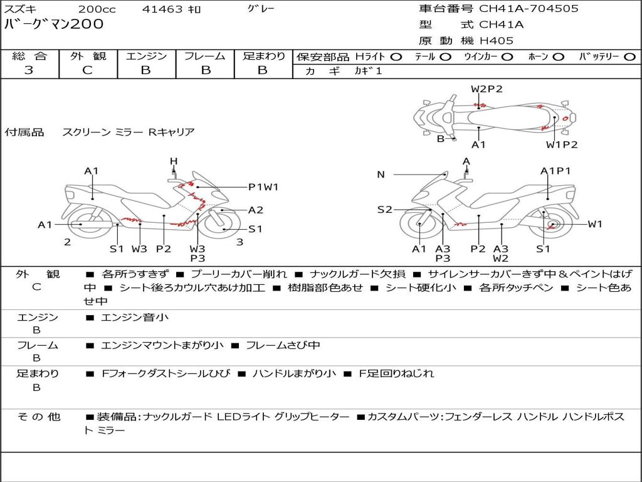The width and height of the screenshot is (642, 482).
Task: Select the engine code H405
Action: click(496, 41)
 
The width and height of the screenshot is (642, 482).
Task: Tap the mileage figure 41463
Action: click(162, 9)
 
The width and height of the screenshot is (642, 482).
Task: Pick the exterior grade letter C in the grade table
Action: click(87, 70)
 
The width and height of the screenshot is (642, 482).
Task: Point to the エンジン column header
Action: click(146, 56)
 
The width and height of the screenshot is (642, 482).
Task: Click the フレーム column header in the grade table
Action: click(205, 56)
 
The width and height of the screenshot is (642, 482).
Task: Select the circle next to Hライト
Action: click(396, 56)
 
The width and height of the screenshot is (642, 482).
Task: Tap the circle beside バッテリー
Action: click(629, 56)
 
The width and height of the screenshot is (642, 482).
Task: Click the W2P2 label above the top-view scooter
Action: click(487, 89)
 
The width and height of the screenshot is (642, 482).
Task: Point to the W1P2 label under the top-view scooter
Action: click(561, 145)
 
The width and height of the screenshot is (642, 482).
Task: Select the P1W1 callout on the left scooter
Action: click(263, 186)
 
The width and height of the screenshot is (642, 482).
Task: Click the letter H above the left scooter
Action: click(174, 161)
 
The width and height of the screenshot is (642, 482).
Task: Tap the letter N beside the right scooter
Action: click(381, 174)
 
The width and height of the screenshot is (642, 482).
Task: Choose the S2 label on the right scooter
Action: click(384, 210)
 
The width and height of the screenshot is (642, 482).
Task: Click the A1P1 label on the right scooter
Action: click(555, 171)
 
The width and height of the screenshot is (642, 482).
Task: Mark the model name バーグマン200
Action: click(55, 24)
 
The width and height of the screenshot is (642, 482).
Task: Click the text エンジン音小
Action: click(134, 318)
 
